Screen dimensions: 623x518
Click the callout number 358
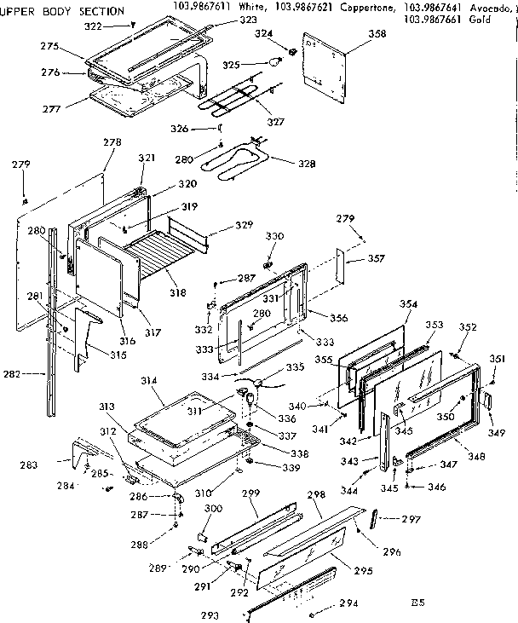point(376,34)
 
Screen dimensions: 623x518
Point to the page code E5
point(416,603)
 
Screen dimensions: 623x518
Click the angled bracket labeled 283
point(85,452)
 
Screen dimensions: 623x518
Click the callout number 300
point(214,509)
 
